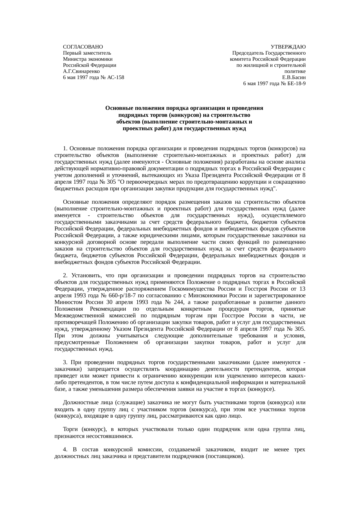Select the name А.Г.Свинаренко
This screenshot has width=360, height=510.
pos(81,71)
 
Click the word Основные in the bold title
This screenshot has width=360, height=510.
pos(117,108)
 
